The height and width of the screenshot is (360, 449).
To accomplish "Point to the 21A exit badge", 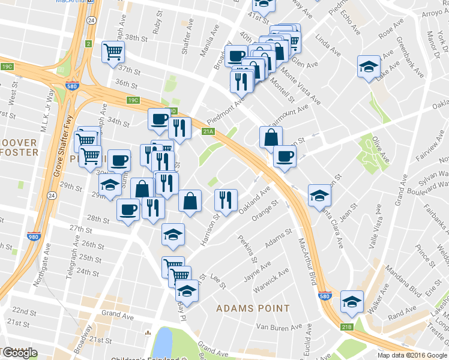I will [x=208, y=131].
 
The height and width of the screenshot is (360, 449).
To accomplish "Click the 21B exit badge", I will [x=347, y=326].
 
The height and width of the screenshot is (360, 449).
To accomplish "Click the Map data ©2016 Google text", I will [x=412, y=355].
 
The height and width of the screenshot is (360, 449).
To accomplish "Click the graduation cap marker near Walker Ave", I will [x=351, y=301].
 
